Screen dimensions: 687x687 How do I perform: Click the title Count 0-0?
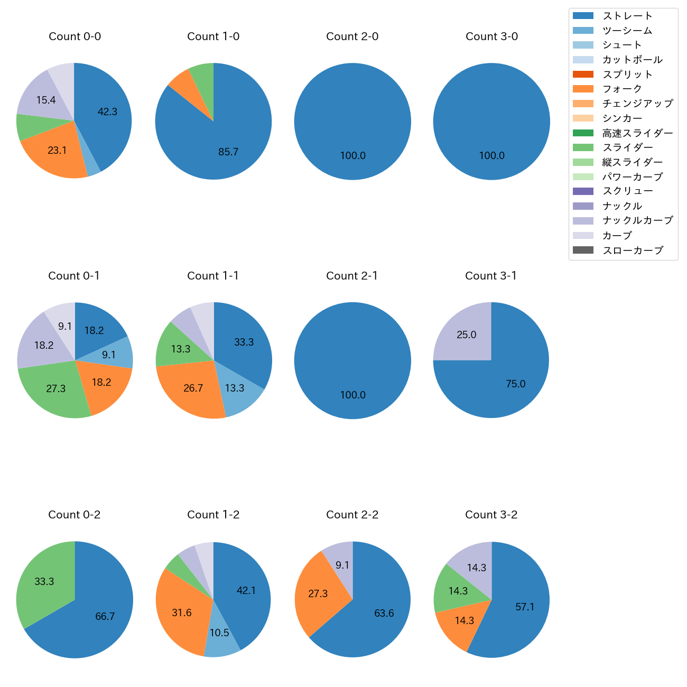(x=75, y=36)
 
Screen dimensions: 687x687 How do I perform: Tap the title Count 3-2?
(x=491, y=515)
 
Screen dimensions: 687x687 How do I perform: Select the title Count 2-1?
(x=352, y=276)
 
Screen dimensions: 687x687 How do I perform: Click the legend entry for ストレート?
(x=627, y=16)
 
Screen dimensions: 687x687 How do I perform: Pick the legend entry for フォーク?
(x=622, y=89)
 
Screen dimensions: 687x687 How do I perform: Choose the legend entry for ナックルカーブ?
(x=637, y=220)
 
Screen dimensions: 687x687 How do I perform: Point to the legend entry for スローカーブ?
(x=633, y=250)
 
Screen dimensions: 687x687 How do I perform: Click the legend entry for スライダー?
(x=627, y=147)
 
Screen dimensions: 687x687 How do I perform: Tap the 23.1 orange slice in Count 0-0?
(x=57, y=151)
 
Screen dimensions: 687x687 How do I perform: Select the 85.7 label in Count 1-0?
(x=228, y=152)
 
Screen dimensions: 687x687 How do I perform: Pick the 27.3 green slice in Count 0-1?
(x=55, y=389)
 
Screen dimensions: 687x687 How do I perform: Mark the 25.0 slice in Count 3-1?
(x=466, y=335)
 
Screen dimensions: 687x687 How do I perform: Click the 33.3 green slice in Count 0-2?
(x=44, y=581)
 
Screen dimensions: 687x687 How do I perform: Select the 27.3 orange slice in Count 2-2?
(x=318, y=594)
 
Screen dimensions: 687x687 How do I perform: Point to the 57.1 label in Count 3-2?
(x=525, y=607)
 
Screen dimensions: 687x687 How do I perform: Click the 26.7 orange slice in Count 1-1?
(x=193, y=388)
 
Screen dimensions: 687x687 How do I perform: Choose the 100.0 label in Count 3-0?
(x=491, y=156)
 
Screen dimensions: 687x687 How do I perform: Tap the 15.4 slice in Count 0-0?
(x=46, y=100)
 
